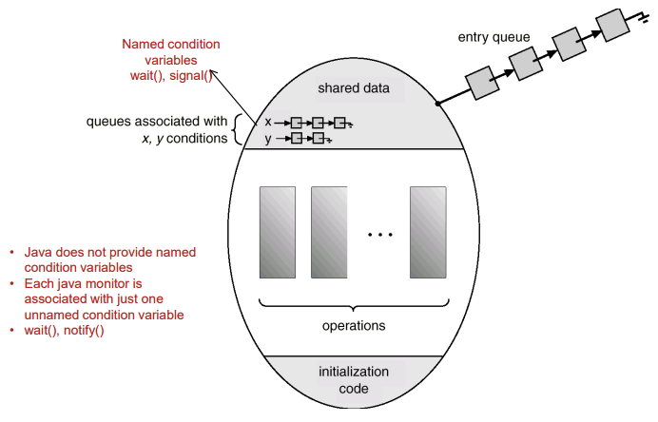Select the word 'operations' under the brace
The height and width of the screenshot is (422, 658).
[x=353, y=325]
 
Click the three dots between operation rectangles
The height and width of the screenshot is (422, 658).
[x=378, y=234]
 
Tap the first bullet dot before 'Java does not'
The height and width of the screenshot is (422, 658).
[x=12, y=253]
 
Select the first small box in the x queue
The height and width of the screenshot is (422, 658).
[x=297, y=123]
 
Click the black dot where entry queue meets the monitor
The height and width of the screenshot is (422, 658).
[x=437, y=103]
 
